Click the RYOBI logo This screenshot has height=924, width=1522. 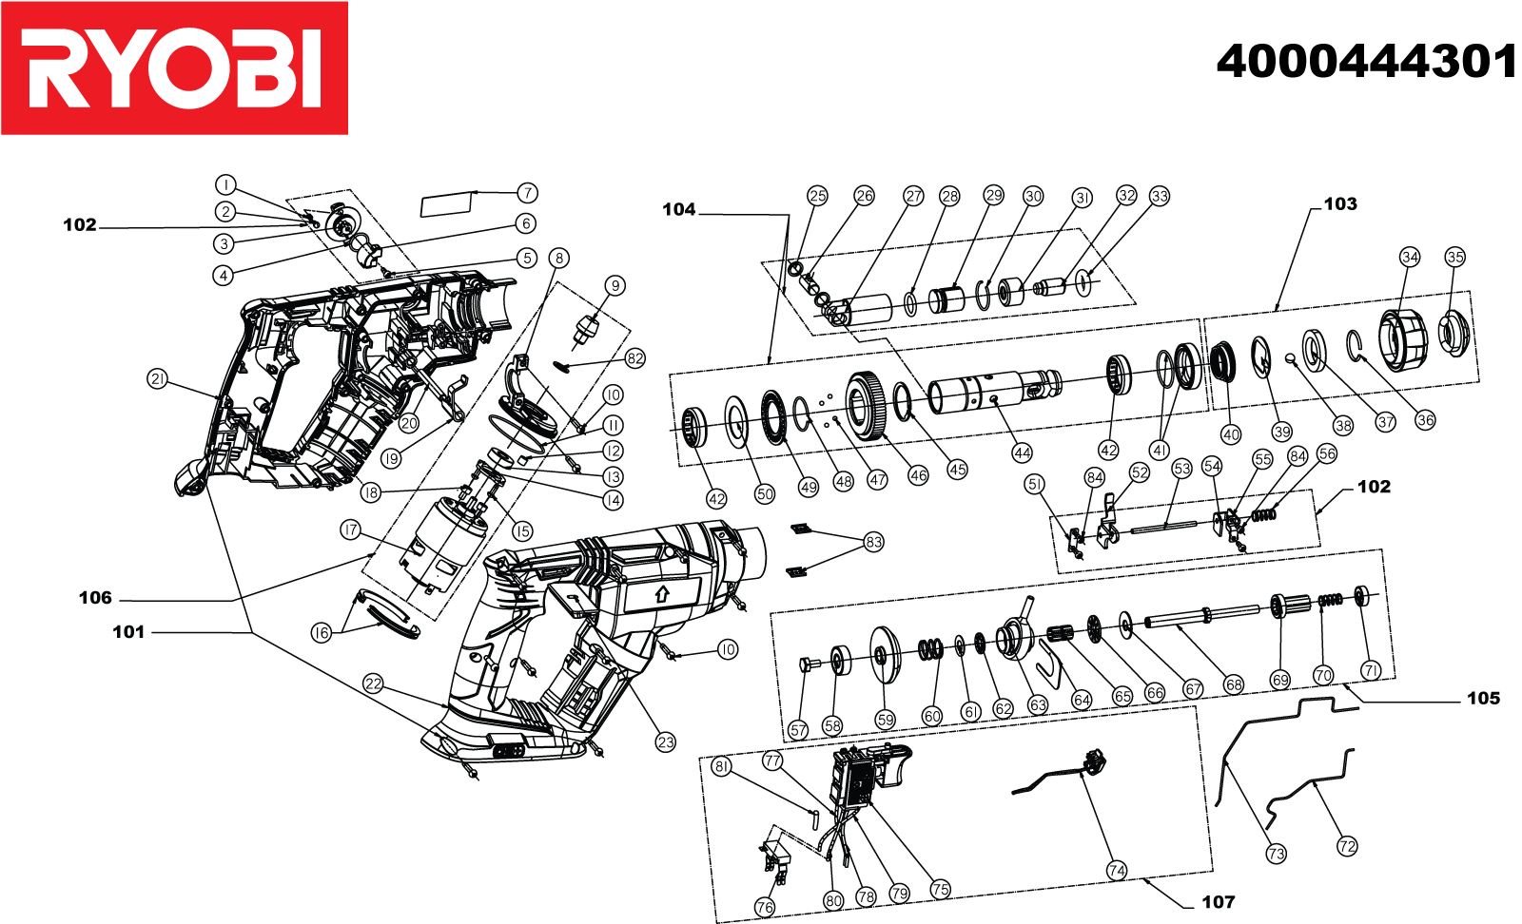174,68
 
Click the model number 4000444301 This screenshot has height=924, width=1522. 1366,62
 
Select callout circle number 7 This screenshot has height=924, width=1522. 527,193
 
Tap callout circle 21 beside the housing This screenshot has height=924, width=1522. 158,379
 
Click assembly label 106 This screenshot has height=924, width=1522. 95,598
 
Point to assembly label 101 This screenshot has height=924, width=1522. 128,632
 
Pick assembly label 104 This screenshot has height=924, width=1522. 679,210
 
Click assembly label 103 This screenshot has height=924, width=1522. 1340,204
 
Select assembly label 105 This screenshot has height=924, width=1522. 1483,699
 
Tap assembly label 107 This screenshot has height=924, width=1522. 1219,902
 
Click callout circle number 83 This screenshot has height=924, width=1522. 873,542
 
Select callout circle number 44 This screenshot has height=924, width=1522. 1022,452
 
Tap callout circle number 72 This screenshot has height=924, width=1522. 1347,846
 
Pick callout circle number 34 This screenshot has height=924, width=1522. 1410,258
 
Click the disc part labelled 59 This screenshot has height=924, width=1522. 886,655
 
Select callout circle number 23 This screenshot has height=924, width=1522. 665,742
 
